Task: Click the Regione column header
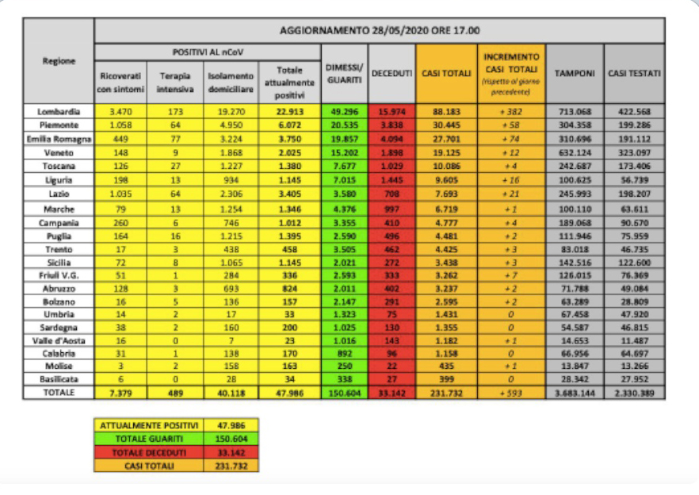59,60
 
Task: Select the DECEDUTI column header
392,73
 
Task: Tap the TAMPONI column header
575,73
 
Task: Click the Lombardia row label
59,112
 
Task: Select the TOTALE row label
59,393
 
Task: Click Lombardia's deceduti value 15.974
392,112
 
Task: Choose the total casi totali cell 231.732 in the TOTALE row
445,393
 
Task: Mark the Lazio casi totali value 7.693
445,192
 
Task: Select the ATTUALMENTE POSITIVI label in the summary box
147,425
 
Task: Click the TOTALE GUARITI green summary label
147,438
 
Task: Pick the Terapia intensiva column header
176,81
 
